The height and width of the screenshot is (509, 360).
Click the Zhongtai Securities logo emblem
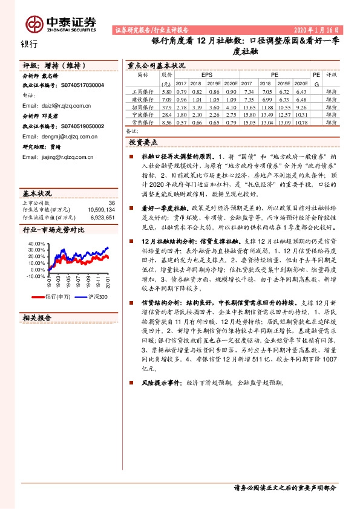click(33, 24)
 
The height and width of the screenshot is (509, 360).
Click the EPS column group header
click(198, 76)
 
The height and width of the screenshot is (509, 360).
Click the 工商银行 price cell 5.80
click(168, 91)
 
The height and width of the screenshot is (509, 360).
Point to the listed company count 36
click(111, 203)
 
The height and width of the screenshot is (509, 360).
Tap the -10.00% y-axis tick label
click(36, 276)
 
